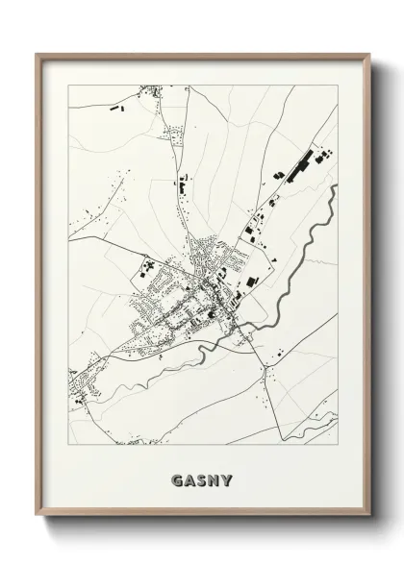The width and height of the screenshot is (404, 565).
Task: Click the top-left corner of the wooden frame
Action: [x=38, y=54]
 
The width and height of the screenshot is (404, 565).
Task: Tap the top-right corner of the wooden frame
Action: [x=369, y=54]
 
